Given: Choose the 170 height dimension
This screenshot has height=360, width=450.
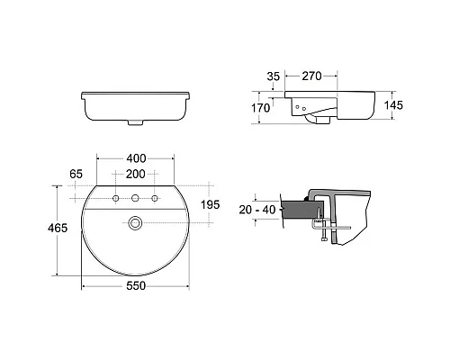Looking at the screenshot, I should pyautogui.click(x=260, y=108).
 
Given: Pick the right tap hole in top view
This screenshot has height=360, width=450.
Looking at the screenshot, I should pyautogui.click(x=155, y=197).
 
